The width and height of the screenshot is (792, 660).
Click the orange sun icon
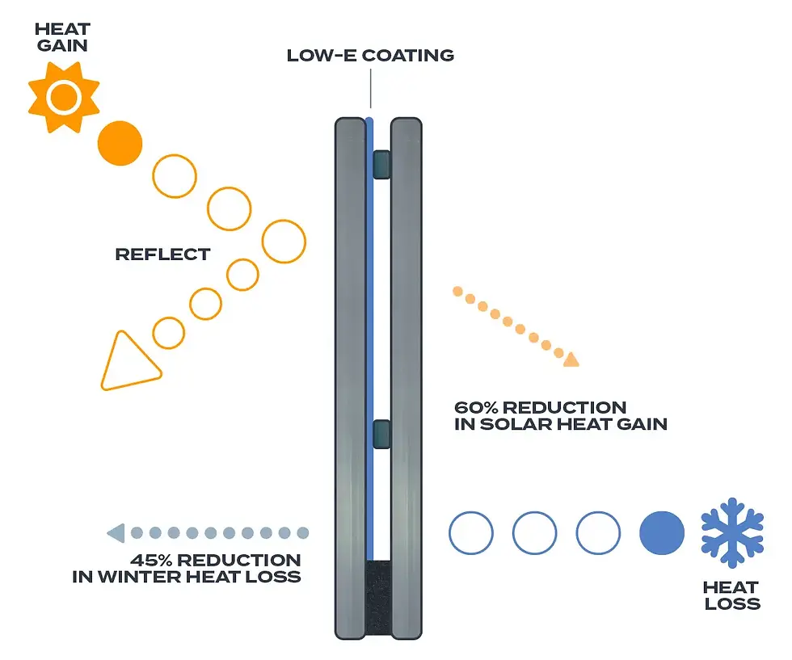pos(63,98)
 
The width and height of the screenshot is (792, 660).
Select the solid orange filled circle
pos(120,143)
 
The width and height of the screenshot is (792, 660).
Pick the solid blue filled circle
pos(662,533)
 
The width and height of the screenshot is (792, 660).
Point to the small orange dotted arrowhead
pos(571,359)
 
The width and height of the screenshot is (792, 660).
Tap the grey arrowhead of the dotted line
pos(116,533)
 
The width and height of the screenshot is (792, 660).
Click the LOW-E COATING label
pos(370,56)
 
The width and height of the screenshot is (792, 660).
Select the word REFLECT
pos(162,254)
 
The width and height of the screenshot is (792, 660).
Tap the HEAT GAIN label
pos(62,38)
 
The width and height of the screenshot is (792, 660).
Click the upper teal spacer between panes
pos(381,165)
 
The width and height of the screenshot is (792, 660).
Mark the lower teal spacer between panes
pos(381,434)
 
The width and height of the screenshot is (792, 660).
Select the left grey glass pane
pos(350,380)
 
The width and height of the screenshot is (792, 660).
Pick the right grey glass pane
pos(407,380)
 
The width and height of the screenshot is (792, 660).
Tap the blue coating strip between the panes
pos(369,323)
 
